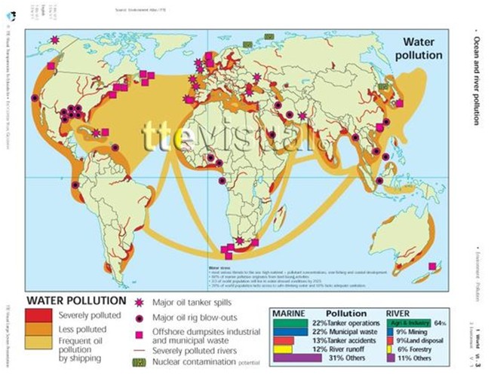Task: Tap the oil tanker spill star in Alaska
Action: [54, 40]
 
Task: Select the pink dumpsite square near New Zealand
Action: [432, 267]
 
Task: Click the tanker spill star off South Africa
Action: [240, 241]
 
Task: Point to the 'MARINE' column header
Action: [284, 312]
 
